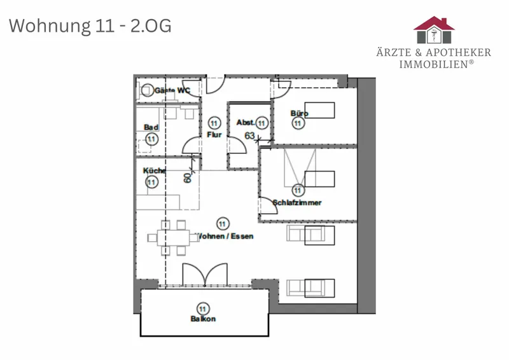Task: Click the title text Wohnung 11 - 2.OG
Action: tap(90, 26)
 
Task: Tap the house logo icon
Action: tap(434, 30)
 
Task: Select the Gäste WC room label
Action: tap(172, 90)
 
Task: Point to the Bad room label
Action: tap(151, 127)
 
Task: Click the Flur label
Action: tap(214, 134)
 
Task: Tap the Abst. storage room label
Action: tap(246, 122)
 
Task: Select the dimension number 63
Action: tap(249, 135)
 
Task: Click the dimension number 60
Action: tap(187, 178)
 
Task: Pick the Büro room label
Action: tap(299, 113)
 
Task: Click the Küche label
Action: tap(155, 170)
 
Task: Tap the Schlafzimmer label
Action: tap(297, 202)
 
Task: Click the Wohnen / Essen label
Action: tap(225, 236)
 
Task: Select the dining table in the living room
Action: tap(173, 238)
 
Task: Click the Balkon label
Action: tap(203, 319)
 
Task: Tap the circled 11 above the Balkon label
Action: tap(203, 309)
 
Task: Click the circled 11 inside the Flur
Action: tap(214, 123)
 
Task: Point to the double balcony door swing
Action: tap(205, 275)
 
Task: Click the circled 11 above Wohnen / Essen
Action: tap(222, 224)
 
